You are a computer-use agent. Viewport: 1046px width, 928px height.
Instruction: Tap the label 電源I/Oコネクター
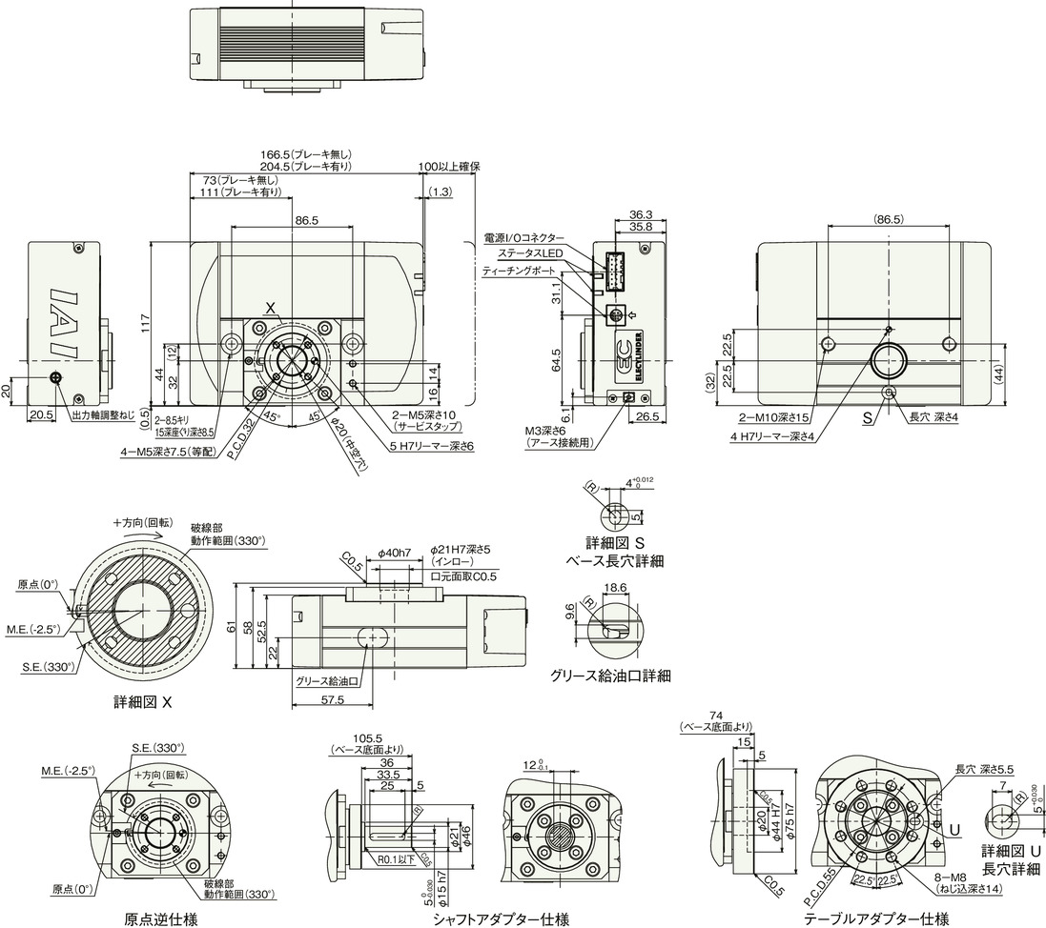[523, 237]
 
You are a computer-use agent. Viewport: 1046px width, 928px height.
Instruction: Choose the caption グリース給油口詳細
[610, 676]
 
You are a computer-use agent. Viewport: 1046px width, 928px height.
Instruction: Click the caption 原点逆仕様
[161, 919]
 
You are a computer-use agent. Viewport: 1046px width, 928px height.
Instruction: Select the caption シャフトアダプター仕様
[501, 919]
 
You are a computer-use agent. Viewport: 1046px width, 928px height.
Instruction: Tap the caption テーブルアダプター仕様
[875, 919]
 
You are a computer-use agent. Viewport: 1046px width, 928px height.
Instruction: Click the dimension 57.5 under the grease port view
[334, 699]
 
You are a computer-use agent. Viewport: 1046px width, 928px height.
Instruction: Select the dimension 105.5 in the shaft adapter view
[367, 737]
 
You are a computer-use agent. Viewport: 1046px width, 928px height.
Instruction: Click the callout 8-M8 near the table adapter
[961, 877]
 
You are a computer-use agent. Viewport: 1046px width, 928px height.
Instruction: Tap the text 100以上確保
[448, 167]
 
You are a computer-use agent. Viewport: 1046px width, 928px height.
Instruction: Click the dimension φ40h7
[394, 553]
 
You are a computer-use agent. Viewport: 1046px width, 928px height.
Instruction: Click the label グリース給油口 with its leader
[326, 681]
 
